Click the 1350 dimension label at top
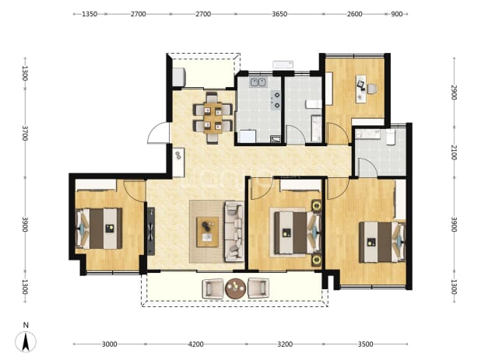click(90, 14)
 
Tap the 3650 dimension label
click(279, 14)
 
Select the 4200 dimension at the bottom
click(195, 344)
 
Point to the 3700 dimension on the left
click(25, 133)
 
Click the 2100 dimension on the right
click(454, 152)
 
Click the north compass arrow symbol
click(26, 341)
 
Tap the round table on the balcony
click(235, 288)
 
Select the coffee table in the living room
click(208, 232)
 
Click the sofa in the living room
click(234, 232)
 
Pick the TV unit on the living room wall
click(151, 231)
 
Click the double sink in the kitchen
click(258, 82)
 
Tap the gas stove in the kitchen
click(276, 100)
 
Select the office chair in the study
click(372, 89)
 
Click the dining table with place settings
click(213, 118)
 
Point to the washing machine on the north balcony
click(178, 77)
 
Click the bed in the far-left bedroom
click(99, 229)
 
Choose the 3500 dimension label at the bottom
click(365, 344)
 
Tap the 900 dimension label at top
click(397, 14)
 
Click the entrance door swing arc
click(157, 132)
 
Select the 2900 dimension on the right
click(454, 92)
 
